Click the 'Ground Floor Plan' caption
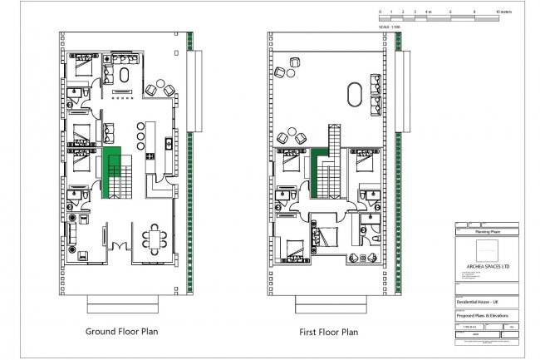(121, 331)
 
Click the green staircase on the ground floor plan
(111, 173)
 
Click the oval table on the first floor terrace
(354, 94)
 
